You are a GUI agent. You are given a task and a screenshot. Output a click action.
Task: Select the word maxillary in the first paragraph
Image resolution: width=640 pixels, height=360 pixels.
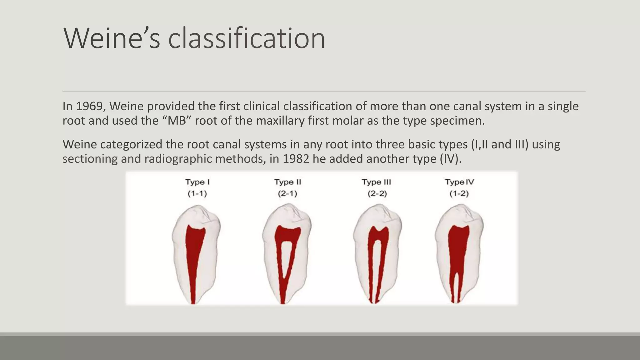(x=280, y=121)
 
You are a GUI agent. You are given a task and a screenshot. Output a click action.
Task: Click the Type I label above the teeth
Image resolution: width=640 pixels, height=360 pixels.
(x=197, y=182)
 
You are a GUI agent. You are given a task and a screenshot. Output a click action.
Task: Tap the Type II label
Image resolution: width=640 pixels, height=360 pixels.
(x=287, y=182)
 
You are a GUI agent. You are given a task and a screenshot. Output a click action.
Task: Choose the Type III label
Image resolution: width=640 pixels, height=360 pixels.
(x=377, y=182)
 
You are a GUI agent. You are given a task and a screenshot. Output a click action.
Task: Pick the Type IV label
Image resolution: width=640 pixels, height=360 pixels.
(x=459, y=182)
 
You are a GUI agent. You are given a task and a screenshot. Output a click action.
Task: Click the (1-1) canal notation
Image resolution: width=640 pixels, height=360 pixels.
(x=197, y=194)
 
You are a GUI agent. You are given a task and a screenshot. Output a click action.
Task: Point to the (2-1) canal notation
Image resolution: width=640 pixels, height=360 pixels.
(x=287, y=194)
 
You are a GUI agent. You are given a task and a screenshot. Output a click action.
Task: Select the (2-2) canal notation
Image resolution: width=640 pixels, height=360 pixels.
(x=377, y=194)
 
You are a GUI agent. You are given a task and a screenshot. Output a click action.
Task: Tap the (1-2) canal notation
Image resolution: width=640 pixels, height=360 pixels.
(x=459, y=194)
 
